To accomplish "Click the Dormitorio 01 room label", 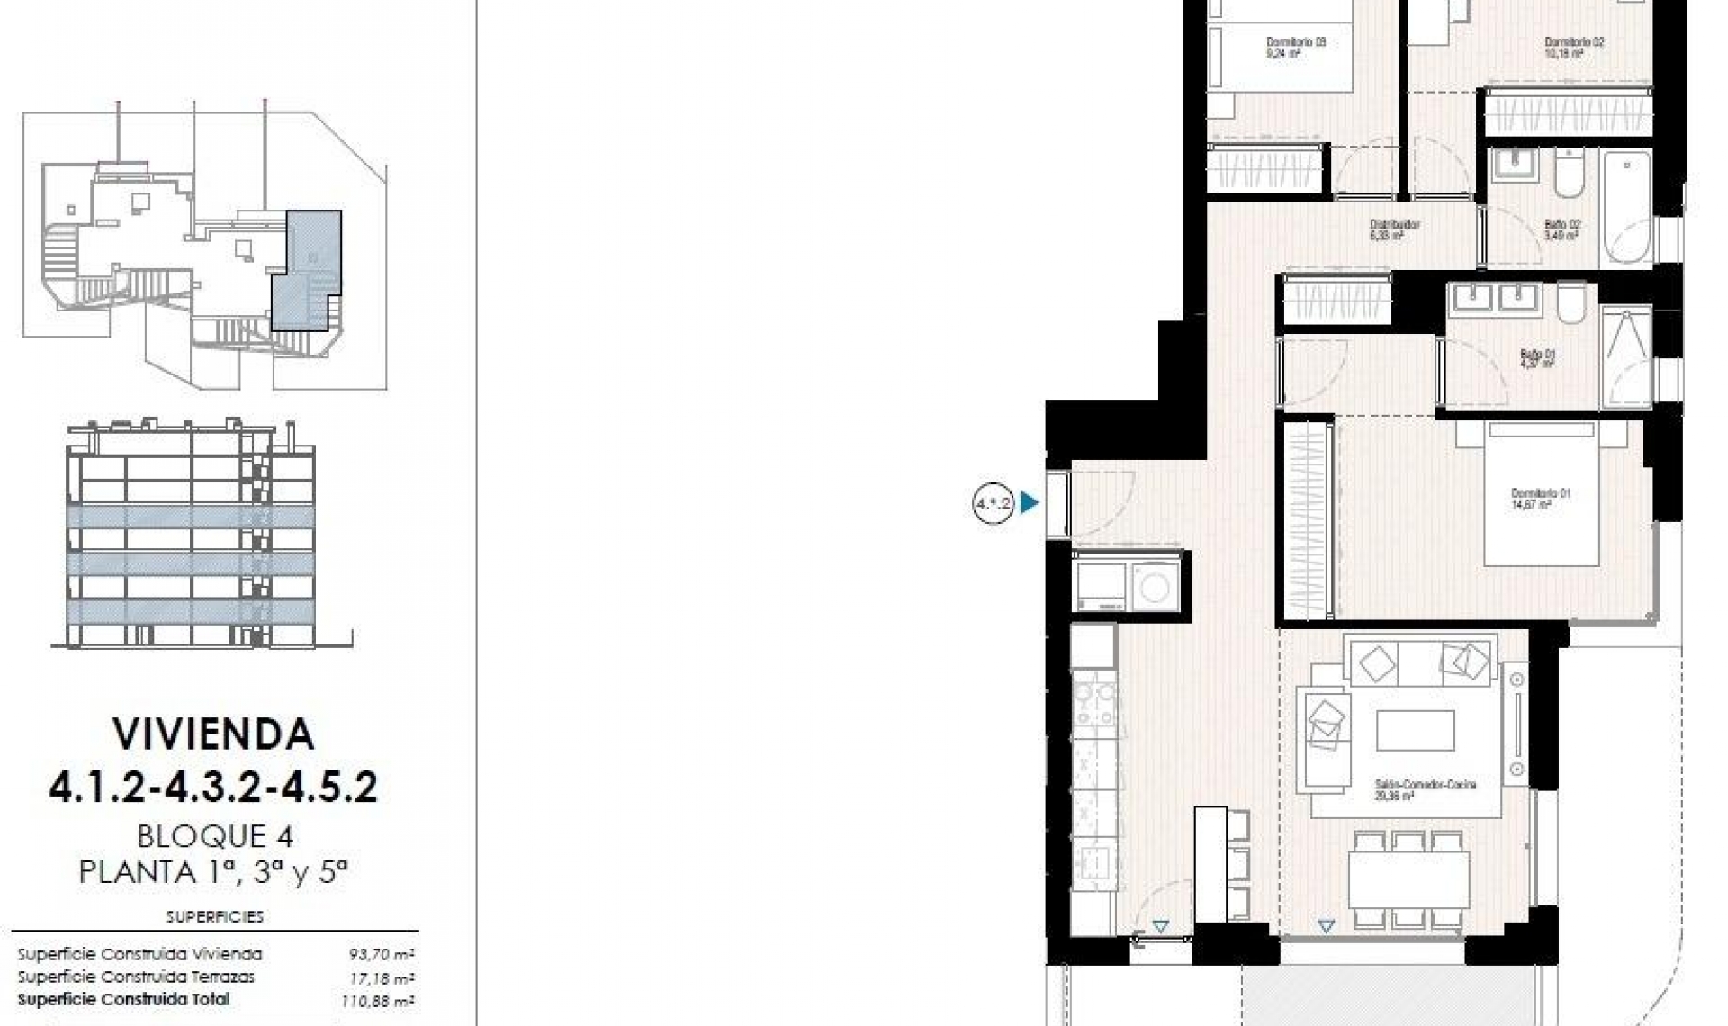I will [x=1540, y=499].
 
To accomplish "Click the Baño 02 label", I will [x=1561, y=229].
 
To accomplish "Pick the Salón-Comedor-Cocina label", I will [x=1425, y=789].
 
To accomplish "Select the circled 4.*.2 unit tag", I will [x=993, y=503].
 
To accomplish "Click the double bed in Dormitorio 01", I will [x=1540, y=495].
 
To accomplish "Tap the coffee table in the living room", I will [x=1415, y=730].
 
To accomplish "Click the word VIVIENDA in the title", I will [x=213, y=734].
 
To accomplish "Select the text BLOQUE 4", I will [x=214, y=836].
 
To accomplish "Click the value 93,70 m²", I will [x=382, y=955].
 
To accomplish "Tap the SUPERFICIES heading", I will [x=214, y=916].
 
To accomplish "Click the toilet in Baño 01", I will [x=1570, y=304].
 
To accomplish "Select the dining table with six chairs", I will [x=1408, y=879].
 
